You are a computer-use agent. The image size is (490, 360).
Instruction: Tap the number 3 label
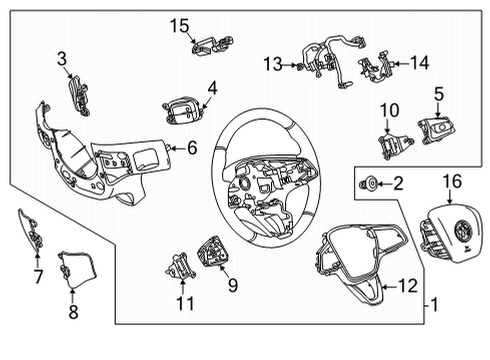click(x=63, y=59)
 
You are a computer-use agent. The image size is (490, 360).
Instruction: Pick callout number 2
click(x=397, y=183)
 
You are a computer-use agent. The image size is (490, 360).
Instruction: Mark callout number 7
click(x=38, y=275)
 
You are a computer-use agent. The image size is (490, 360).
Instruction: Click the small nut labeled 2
click(x=371, y=183)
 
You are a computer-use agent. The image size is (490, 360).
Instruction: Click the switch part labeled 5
click(x=436, y=130)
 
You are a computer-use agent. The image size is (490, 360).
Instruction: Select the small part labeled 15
click(x=210, y=43)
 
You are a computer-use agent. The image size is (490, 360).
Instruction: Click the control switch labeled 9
click(x=215, y=250)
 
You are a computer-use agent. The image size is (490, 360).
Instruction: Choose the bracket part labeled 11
click(x=181, y=267)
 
